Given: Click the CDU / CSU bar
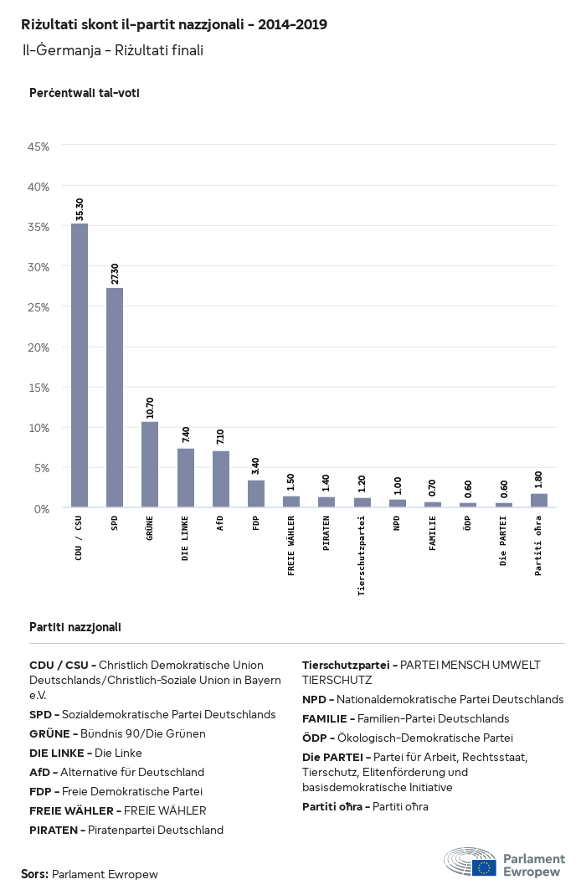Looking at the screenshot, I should pos(79,365).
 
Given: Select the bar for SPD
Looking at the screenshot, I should pos(115,398).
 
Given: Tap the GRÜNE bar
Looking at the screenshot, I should pos(150,465).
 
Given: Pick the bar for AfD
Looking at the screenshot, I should pos(220,479).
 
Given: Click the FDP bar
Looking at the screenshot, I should pos(256,493).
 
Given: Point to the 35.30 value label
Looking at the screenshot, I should pos(80,209).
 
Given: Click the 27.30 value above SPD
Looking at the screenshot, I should pos(115,274).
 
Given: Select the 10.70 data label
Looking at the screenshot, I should pos(150,408).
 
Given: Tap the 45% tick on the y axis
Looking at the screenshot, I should pos(39,147).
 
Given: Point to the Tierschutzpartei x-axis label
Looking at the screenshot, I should pos(362,555).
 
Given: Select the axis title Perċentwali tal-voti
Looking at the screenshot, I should pos(84,93).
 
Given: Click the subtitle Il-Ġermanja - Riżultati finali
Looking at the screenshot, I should pos(112,50).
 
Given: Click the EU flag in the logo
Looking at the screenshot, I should pos(484,867).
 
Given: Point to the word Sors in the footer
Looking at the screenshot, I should pos(33,874).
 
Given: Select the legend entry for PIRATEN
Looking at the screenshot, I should pos(126,830).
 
